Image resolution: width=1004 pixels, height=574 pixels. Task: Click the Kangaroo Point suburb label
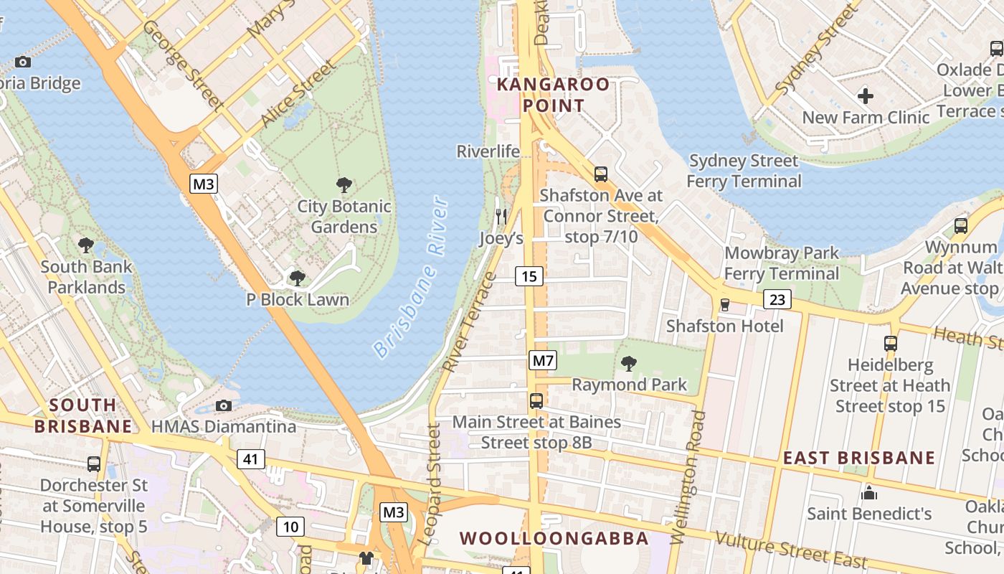[554, 95]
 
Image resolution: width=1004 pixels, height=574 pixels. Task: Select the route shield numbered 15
[529, 276]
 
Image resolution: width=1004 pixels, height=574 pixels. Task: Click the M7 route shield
[542, 360]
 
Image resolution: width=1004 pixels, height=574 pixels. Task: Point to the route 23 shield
[777, 299]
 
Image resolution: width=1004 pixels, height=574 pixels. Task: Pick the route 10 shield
[290, 527]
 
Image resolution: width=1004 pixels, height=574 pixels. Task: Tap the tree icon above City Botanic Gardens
[344, 185]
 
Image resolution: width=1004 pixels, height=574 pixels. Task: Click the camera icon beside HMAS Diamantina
[224, 405]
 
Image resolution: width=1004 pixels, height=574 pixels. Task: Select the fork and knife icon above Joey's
[501, 215]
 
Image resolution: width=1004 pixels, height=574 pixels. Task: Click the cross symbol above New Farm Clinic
[866, 95]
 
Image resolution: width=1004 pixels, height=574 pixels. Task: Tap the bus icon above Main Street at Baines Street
[536, 401]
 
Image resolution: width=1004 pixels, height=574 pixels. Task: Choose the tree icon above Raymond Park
[629, 364]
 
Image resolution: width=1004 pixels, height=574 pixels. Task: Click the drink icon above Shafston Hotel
[724, 305]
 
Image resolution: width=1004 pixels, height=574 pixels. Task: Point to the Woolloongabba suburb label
[554, 538]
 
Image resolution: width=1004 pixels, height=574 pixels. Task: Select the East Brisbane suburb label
[858, 458]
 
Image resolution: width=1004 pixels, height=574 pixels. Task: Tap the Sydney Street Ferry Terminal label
[744, 171]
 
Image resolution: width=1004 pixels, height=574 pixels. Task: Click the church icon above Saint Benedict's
[869, 493]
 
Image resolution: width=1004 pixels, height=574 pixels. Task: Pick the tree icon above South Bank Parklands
[86, 245]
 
